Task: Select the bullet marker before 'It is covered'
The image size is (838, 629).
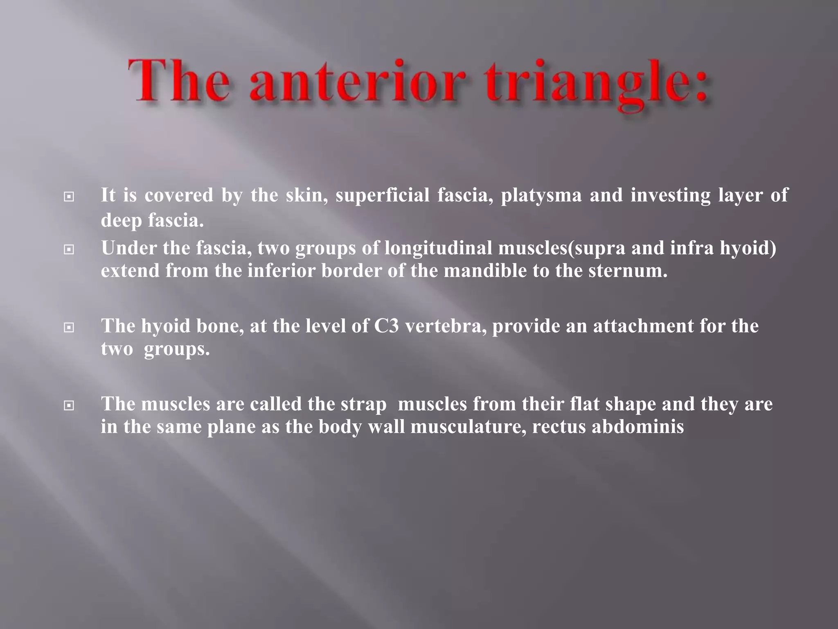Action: pyautogui.click(x=69, y=197)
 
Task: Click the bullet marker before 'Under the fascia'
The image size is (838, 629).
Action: pyautogui.click(x=69, y=249)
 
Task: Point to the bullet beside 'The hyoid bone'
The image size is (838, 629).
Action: pyautogui.click(x=69, y=328)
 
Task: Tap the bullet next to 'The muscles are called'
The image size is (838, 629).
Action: pyautogui.click(x=69, y=406)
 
